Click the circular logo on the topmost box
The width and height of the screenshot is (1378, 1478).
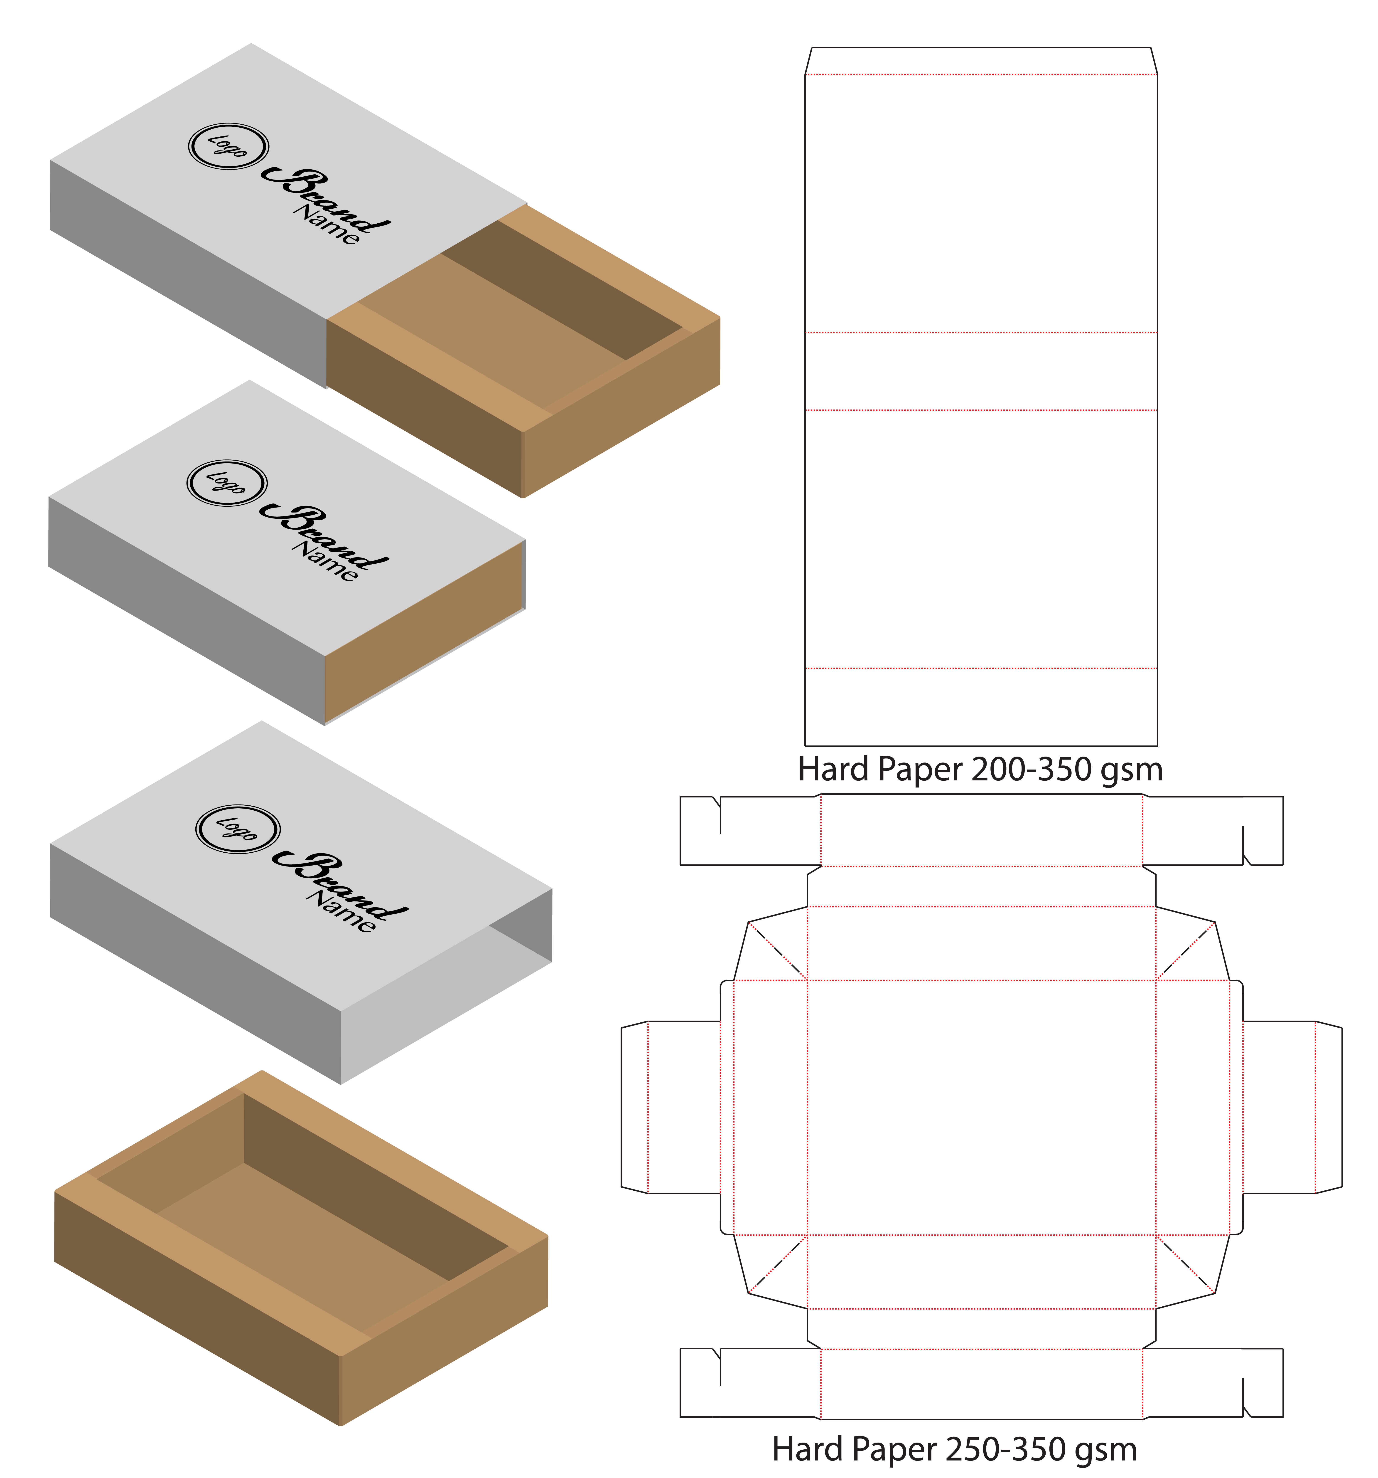point(228,146)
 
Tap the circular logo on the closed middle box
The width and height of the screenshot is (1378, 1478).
point(227,483)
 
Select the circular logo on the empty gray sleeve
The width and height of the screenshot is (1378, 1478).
point(238,829)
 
